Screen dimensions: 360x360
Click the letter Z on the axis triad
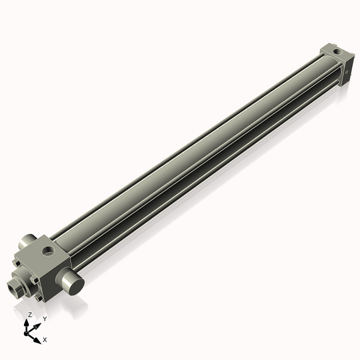pyautogui.click(x=30, y=314)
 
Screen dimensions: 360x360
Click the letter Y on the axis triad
pyautogui.click(x=44, y=319)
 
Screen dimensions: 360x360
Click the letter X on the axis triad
pyautogui.click(x=45, y=340)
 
